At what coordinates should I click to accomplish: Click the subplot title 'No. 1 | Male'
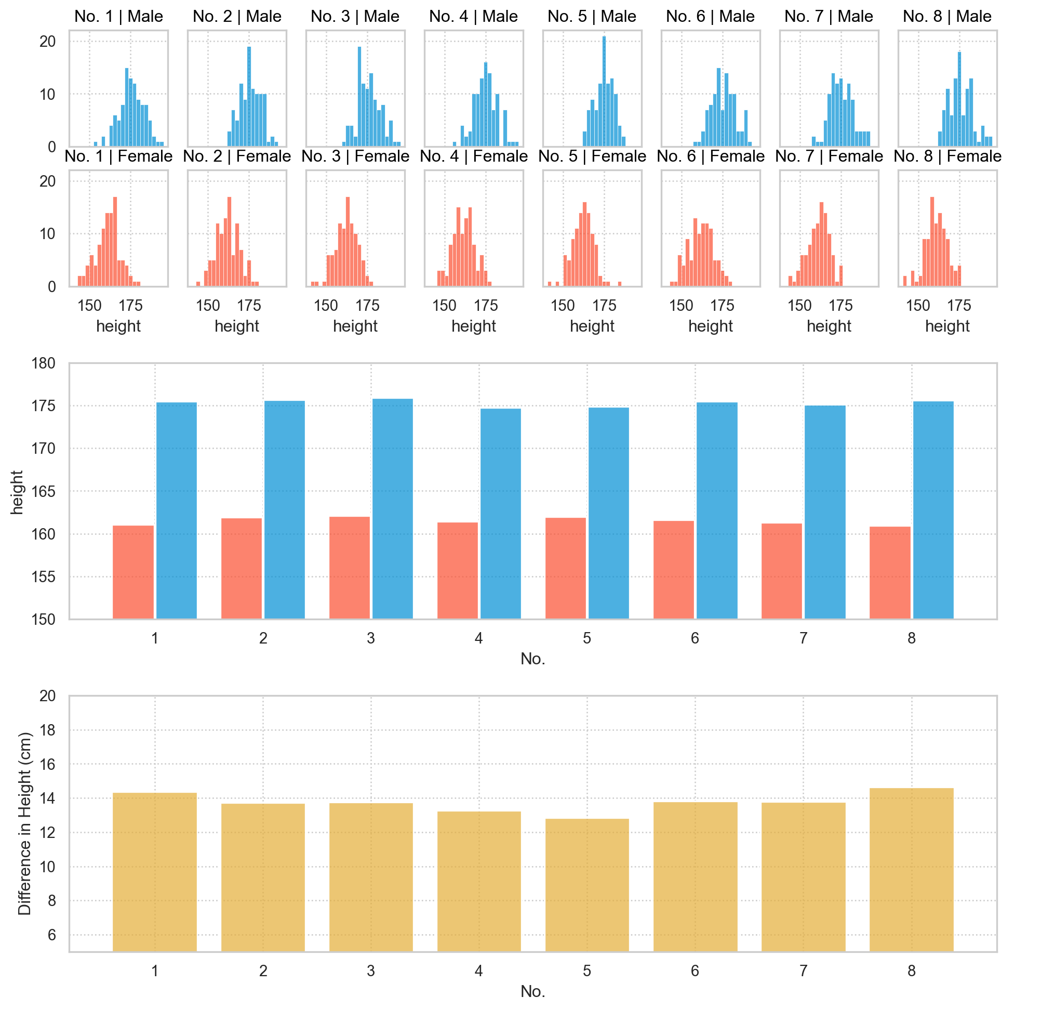118,16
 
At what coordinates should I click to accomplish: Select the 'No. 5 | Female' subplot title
592,156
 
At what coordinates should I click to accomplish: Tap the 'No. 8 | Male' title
947,16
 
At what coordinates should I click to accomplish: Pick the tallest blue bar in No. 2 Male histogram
249,97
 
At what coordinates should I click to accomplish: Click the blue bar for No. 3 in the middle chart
393,508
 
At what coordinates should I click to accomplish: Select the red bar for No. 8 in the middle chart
889,572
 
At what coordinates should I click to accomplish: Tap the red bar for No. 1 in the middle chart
133,572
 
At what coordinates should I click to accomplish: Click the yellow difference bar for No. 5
586,885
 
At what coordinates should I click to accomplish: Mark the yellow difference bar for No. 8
911,870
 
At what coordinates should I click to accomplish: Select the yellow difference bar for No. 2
263,877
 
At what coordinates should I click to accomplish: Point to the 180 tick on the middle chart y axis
47,364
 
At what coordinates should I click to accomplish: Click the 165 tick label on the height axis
47,492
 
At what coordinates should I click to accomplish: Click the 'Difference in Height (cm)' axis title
25,823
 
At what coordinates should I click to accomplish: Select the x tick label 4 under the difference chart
478,971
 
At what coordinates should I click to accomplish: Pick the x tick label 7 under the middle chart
803,639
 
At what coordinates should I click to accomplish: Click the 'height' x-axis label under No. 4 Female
473,326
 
